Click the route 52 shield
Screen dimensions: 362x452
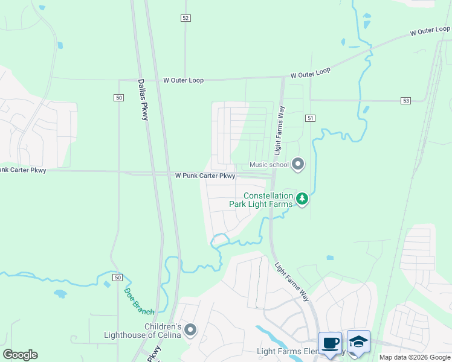186,18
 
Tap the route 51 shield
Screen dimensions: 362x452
311,118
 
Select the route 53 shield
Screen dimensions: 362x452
405,100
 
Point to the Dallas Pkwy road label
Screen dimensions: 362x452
143,100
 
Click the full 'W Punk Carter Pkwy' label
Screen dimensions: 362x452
205,176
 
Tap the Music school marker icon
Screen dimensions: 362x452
297,164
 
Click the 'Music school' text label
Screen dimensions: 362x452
270,165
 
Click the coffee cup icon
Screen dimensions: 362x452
330,343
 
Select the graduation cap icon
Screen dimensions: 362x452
358,342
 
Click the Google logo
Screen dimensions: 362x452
20,354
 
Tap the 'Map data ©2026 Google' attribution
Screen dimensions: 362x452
414,357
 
